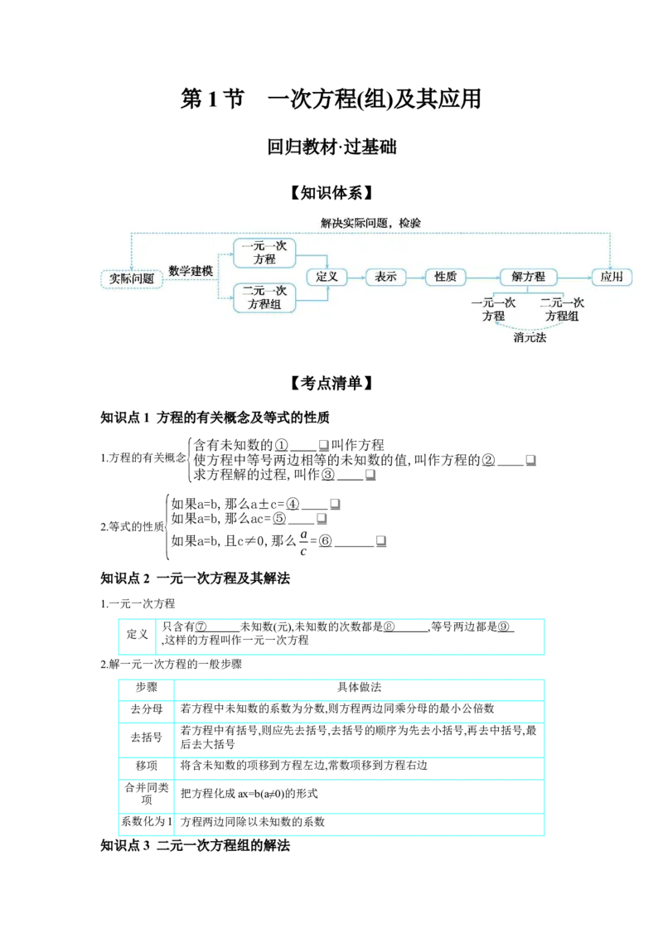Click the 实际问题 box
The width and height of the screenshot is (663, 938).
(x=131, y=278)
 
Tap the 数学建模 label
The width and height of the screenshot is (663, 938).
(x=191, y=271)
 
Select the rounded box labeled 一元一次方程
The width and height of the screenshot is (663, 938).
(x=264, y=253)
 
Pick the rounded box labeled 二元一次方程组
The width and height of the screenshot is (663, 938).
(x=264, y=297)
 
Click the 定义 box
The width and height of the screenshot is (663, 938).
(x=327, y=277)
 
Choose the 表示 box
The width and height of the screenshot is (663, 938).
(x=385, y=277)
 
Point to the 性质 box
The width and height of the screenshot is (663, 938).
(x=445, y=277)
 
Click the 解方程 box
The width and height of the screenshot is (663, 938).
(x=528, y=277)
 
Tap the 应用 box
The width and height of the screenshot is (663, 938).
(x=612, y=277)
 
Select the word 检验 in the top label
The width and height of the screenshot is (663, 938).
(x=409, y=223)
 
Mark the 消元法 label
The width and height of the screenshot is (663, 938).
(x=530, y=337)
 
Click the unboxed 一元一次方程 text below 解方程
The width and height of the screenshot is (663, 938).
(x=493, y=309)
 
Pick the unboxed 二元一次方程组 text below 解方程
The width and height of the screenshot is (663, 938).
(x=562, y=309)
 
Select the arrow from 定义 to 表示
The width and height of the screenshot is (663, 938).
(x=356, y=278)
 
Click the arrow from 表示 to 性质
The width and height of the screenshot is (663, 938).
(x=415, y=278)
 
